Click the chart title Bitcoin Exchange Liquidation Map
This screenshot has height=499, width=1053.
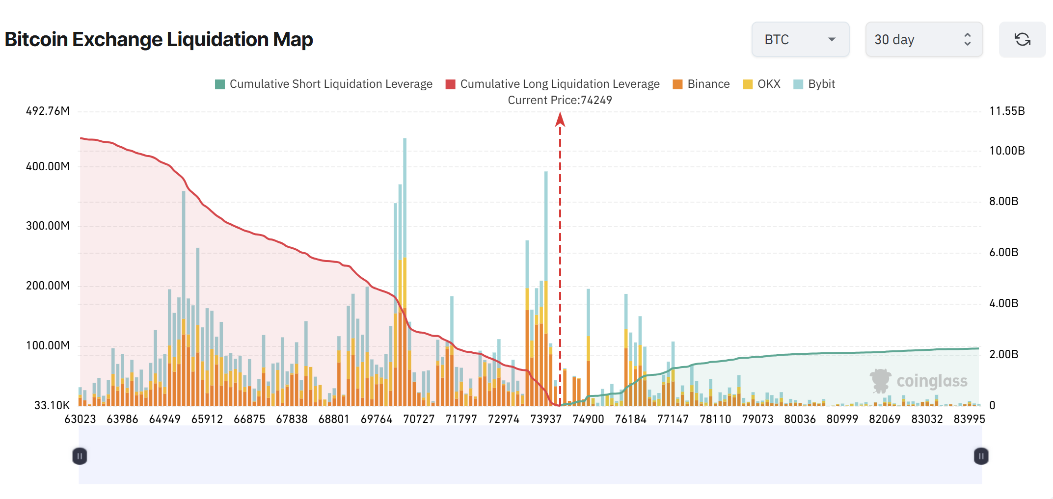coord(159,39)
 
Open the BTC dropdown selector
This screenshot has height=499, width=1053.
coord(800,39)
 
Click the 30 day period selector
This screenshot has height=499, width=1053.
coord(923,39)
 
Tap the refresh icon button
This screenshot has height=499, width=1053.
coord(1022,39)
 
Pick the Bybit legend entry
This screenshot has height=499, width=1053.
coord(814,84)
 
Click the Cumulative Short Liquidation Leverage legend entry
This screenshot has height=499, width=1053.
coord(324,84)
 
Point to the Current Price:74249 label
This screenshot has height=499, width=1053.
coord(560,100)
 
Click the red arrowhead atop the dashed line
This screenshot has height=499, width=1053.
coord(560,119)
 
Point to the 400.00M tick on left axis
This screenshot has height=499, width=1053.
coord(48,166)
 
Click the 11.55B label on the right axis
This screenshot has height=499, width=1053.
coord(1007,111)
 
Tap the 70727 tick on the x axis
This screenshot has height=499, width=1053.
coord(419,419)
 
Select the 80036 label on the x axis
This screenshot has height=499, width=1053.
coord(800,419)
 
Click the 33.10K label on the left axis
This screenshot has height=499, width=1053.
coord(52,405)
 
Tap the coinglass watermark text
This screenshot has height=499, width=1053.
coord(931,381)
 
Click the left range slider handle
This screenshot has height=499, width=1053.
coord(80,456)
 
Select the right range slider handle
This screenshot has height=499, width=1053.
coord(981,456)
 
